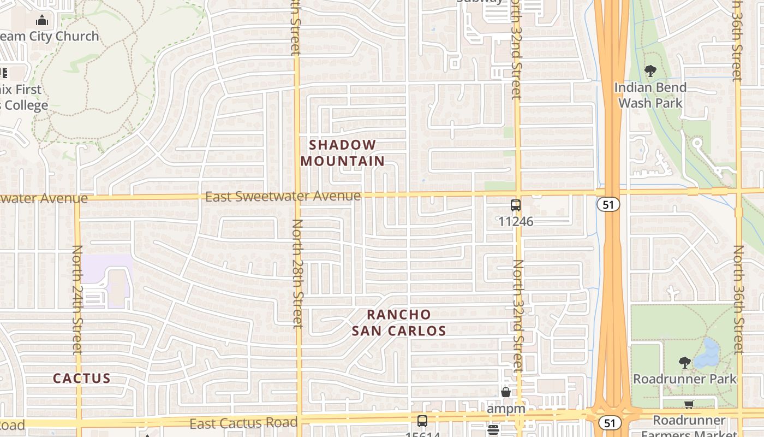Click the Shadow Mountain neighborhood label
click(x=343, y=153)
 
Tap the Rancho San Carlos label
click(x=399, y=323)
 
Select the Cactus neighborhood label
click(x=82, y=378)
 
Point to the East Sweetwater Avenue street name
click(x=283, y=196)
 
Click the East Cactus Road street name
click(x=243, y=422)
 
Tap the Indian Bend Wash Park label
click(x=650, y=95)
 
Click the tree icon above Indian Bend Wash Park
click(x=650, y=71)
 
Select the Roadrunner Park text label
click(x=685, y=379)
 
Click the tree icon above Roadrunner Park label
click(x=684, y=363)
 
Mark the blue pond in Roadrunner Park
click(x=709, y=352)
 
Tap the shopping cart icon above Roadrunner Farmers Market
click(x=689, y=405)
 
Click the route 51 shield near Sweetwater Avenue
click(x=607, y=204)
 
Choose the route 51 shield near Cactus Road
click(x=609, y=422)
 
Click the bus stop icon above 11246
click(x=515, y=205)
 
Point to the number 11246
click(x=516, y=222)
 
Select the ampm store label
click(x=506, y=409)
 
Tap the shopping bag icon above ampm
click(x=506, y=392)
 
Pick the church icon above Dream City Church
click(x=42, y=21)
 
